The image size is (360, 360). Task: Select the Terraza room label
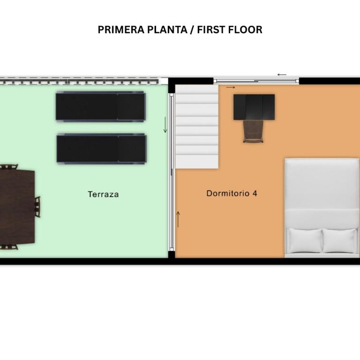(103, 194)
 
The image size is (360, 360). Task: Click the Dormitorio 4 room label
(232, 193)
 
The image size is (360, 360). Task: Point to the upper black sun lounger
(101, 106)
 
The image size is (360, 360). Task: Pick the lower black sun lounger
(101, 149)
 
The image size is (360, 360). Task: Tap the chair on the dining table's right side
(37, 207)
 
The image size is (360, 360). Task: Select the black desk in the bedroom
(254, 107)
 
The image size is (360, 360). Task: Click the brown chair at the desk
(253, 131)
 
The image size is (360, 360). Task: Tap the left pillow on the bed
(305, 240)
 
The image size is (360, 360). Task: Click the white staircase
(197, 127)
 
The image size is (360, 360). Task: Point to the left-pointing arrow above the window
(282, 75)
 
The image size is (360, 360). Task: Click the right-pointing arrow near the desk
(231, 87)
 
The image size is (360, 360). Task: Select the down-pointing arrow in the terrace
(165, 125)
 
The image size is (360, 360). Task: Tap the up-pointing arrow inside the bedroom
(178, 219)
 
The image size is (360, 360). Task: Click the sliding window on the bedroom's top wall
(256, 81)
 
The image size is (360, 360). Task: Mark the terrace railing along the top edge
(79, 81)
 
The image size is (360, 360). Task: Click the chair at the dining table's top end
(8, 166)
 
